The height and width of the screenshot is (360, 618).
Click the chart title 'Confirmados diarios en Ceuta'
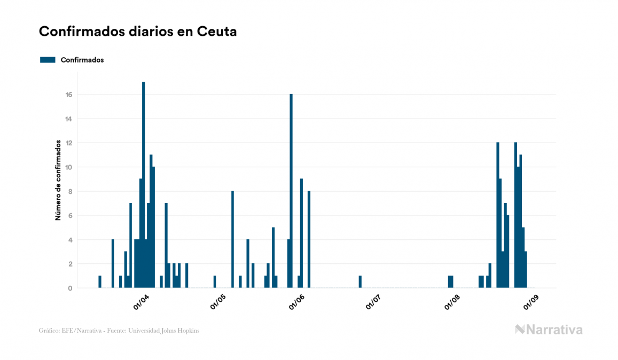click(x=138, y=32)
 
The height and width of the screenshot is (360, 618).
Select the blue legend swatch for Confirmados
click(x=48, y=60)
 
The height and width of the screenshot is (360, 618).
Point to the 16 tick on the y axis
click(x=69, y=95)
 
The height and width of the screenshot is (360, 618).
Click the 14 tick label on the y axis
click(x=69, y=119)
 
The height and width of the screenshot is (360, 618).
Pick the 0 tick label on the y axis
click(x=69, y=288)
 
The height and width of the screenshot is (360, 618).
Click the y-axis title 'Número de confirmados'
click(x=58, y=181)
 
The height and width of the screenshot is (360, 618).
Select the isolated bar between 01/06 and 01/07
click(x=360, y=281)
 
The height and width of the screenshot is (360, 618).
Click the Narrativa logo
click(x=549, y=330)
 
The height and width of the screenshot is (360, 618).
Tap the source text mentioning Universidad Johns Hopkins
click(x=119, y=331)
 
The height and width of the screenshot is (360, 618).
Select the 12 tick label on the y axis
click(x=69, y=143)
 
